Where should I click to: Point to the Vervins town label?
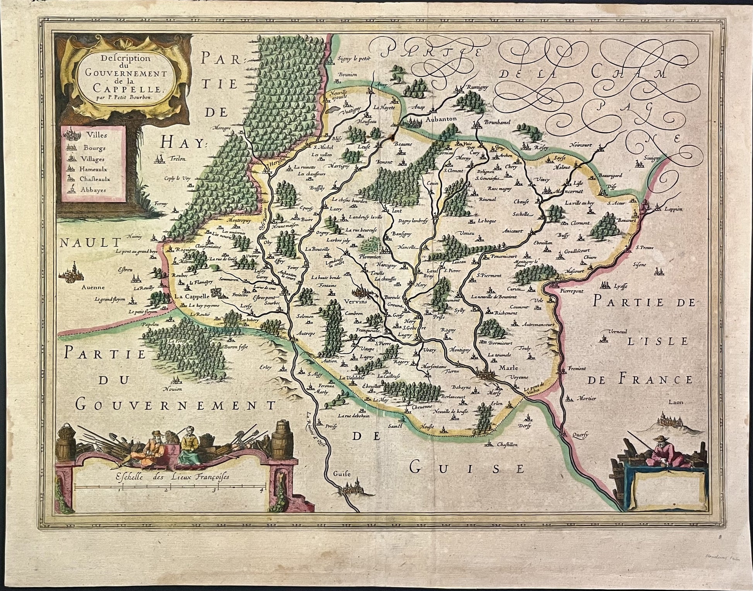(x=352, y=302)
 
